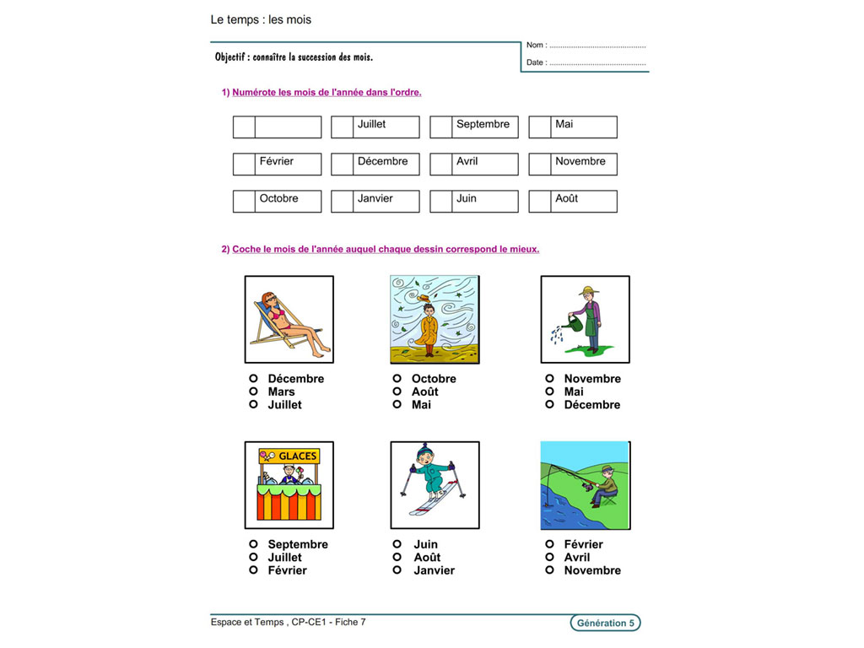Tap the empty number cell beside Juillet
tap(342, 127)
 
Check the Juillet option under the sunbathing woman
tap(253, 405)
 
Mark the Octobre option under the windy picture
tap(397, 379)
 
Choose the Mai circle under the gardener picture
tap(550, 391)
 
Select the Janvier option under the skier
tap(397, 570)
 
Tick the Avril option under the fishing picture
tap(550, 558)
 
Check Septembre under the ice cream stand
tap(253, 544)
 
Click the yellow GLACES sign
tap(289, 456)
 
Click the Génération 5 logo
tap(605, 624)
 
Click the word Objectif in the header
tap(232, 57)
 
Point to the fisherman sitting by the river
tap(605, 489)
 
